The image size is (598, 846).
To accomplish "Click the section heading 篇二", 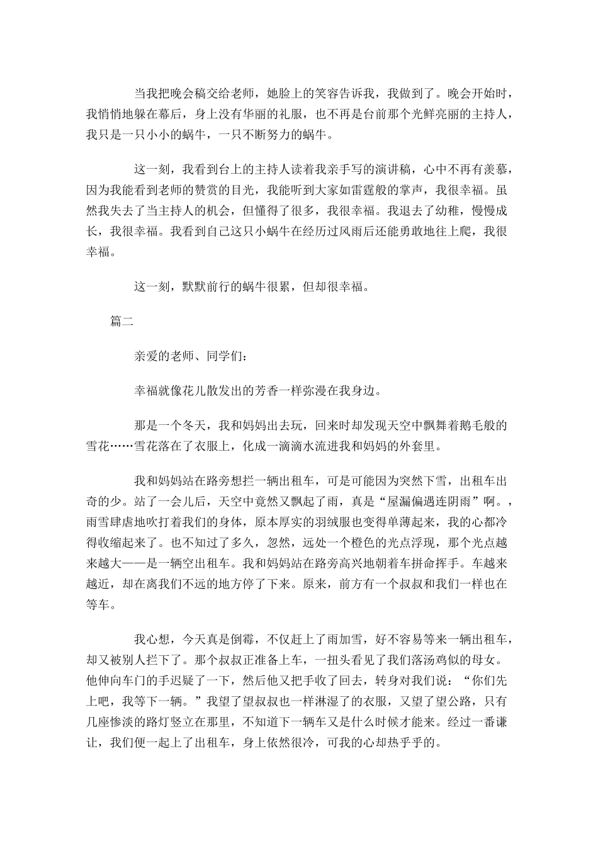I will [x=121, y=321].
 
